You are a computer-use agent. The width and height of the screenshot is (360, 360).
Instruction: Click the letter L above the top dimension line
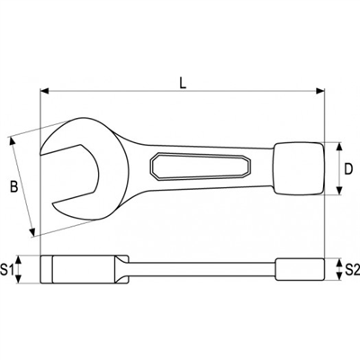pos(183,83)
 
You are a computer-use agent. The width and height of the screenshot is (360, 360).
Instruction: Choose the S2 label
pos(351,269)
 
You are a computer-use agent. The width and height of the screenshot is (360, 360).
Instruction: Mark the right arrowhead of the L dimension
pos(319,91)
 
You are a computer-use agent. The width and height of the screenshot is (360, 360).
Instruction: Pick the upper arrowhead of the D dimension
pos(339,143)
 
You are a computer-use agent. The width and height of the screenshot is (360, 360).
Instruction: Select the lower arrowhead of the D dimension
pos(339,191)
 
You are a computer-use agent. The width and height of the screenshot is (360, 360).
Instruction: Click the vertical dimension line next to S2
pos(339,269)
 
